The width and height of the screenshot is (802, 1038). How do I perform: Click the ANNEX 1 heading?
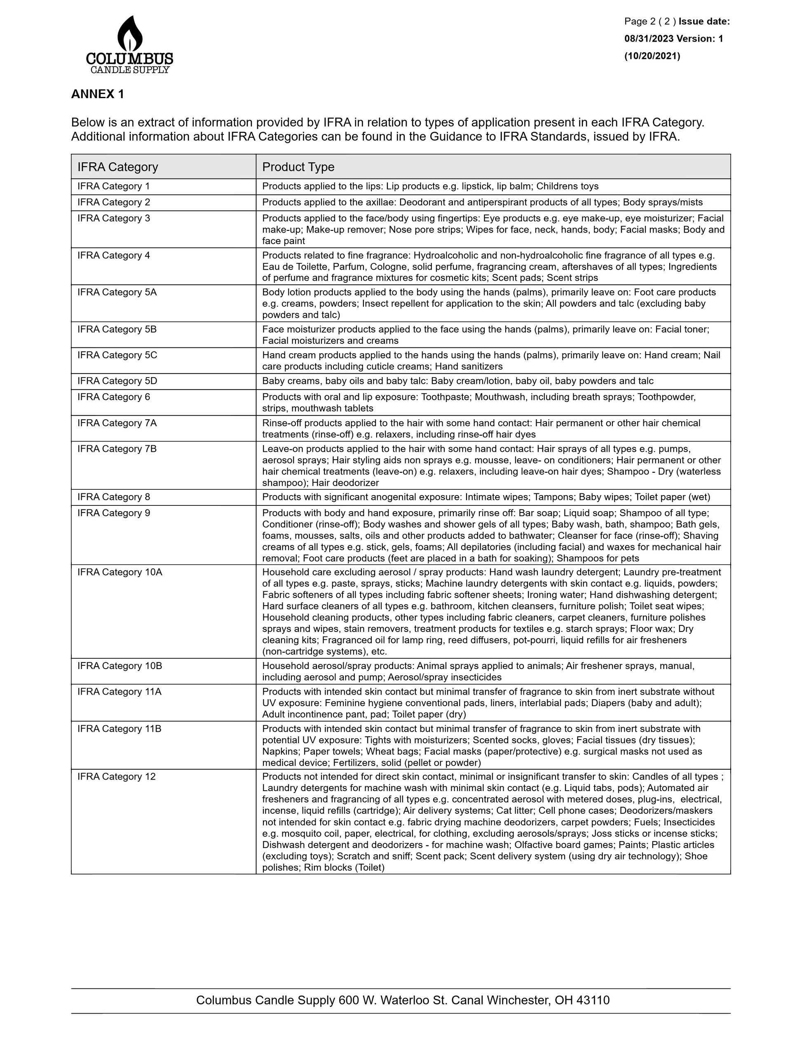point(97,94)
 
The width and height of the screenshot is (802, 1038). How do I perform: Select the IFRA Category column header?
point(117,167)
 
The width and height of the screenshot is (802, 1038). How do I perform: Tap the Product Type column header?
point(298,167)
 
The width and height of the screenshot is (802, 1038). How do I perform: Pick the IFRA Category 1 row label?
point(114,186)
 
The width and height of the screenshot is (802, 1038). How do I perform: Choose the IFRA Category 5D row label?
point(117,381)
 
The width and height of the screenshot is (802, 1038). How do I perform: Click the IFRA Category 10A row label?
point(120,572)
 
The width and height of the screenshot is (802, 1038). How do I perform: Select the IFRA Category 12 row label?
point(116,777)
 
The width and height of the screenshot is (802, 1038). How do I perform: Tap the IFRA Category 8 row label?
point(114,497)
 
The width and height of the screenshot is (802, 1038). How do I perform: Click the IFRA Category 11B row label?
point(119,728)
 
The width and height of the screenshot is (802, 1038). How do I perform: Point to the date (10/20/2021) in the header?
point(652,56)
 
